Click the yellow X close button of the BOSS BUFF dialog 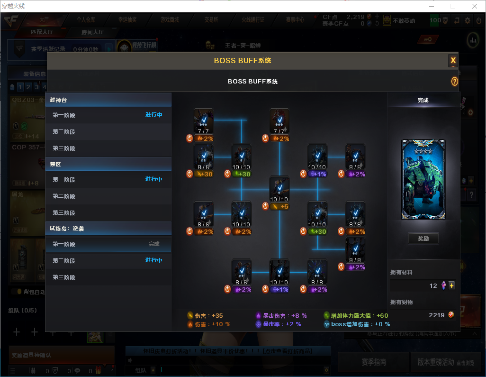click(453, 60)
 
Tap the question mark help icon click(454, 82)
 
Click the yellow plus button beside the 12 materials click(451, 285)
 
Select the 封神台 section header click(108, 100)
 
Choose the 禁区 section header click(108, 164)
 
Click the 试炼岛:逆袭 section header click(108, 229)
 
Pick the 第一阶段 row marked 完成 click(108, 244)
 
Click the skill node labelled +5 click(279, 188)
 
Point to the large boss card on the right click(423, 179)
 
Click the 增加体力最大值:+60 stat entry click(356, 315)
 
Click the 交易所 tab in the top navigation click(211, 20)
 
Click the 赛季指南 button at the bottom click(374, 362)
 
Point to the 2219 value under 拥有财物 click(436, 315)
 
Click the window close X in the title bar click(474, 6)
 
